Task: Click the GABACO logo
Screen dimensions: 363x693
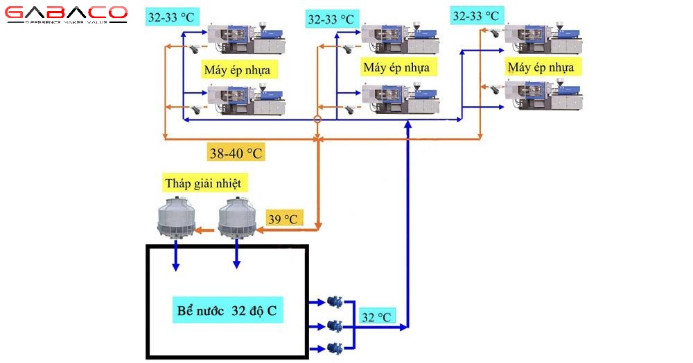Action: (x=67, y=15)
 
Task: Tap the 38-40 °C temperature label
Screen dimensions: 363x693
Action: (x=236, y=153)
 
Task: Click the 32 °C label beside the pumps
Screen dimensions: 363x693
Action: (x=376, y=317)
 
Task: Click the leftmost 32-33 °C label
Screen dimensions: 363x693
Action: (x=171, y=17)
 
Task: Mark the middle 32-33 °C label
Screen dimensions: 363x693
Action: (x=331, y=19)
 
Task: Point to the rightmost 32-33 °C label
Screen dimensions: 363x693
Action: (x=475, y=15)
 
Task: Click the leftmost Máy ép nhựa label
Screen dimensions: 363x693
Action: (x=240, y=70)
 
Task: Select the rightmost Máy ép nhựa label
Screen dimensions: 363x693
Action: (x=541, y=67)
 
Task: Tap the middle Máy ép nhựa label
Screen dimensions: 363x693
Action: (x=396, y=67)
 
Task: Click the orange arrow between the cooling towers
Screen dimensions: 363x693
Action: (x=204, y=229)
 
